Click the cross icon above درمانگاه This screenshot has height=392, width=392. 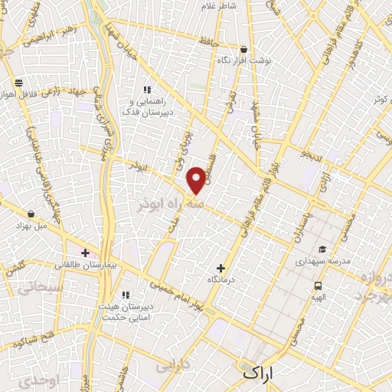click(x=221, y=268)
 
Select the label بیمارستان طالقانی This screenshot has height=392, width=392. click(x=86, y=265)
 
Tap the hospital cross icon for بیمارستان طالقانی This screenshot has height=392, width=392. click(x=85, y=253)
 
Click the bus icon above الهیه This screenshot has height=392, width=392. click(x=318, y=286)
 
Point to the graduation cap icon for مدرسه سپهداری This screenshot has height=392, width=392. click(x=322, y=250)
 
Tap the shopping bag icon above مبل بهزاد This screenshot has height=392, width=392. click(x=30, y=214)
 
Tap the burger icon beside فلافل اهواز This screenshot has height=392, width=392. click(x=17, y=83)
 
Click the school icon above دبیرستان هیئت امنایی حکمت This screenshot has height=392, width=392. click(x=126, y=295)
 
